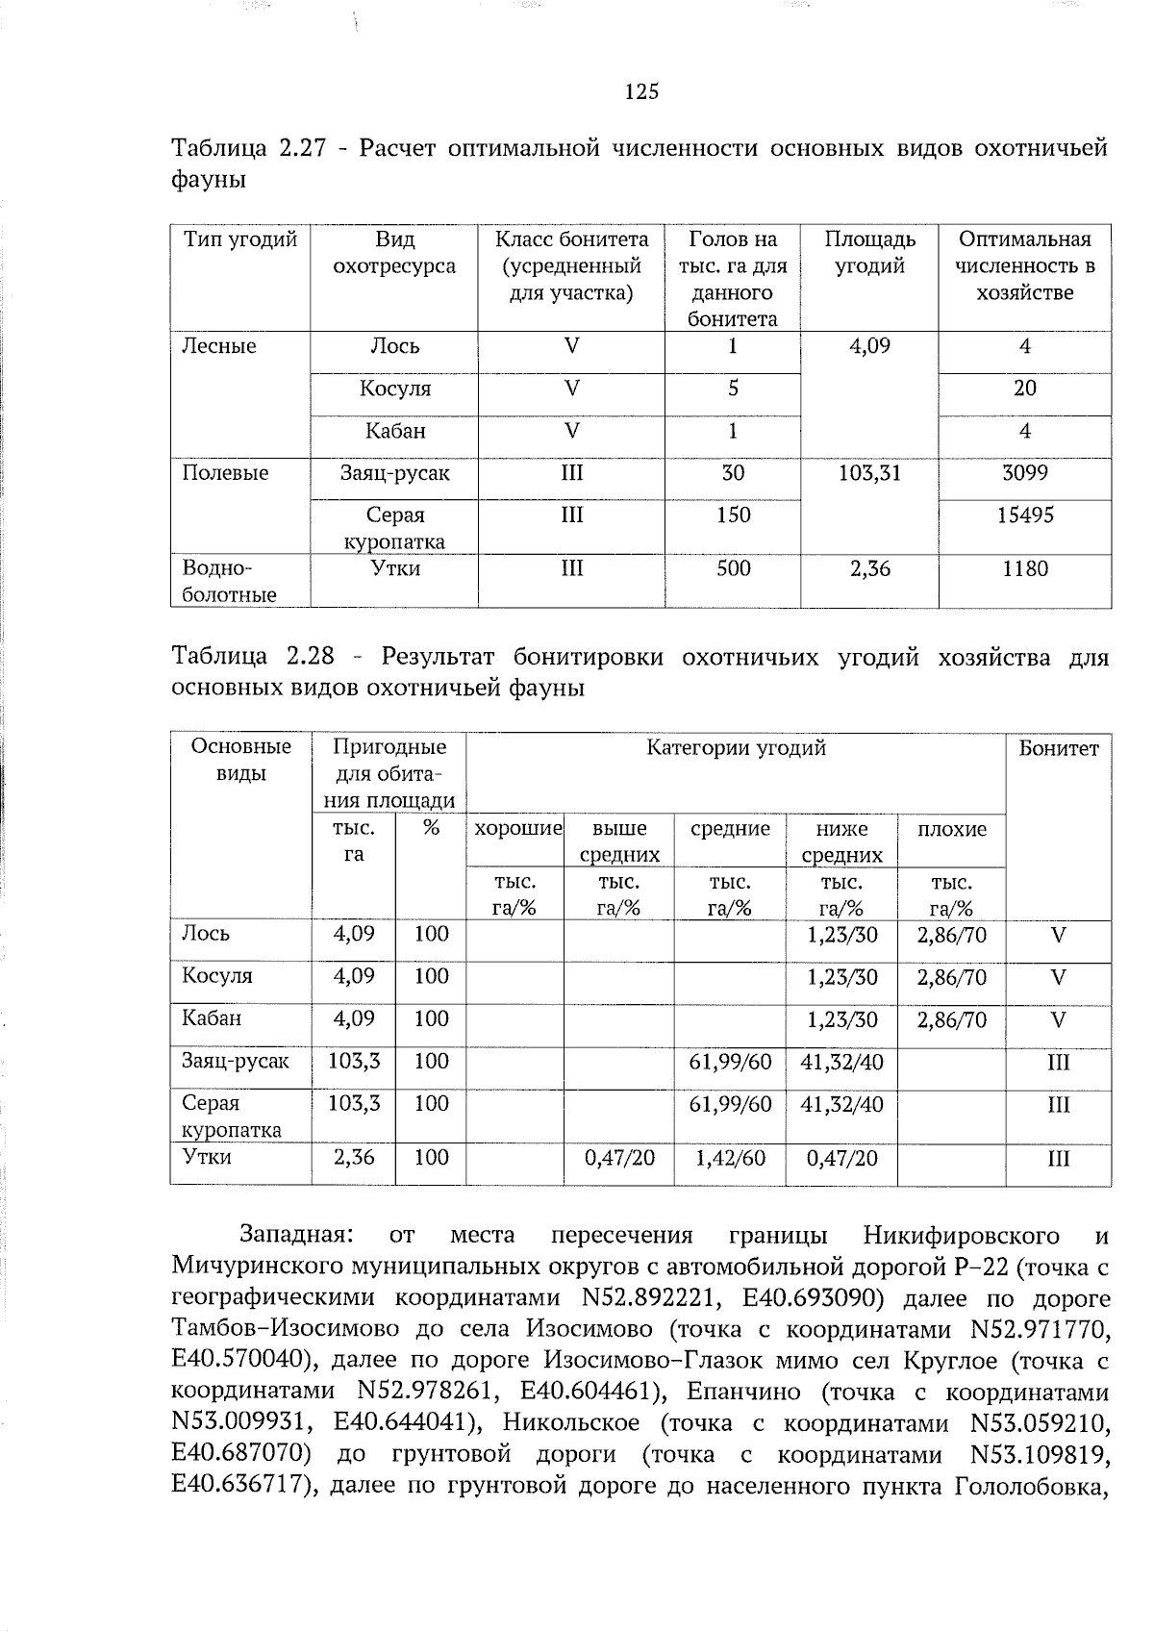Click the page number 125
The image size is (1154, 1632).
pyautogui.click(x=641, y=92)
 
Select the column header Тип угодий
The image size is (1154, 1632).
pyautogui.click(x=239, y=239)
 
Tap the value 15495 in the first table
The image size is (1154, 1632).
pyautogui.click(x=1024, y=515)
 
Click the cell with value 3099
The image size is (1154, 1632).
pyautogui.click(x=1024, y=473)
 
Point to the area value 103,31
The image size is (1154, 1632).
pyautogui.click(x=869, y=473)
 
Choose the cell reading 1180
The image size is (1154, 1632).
pyautogui.click(x=1024, y=569)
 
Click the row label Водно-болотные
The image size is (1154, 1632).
pyautogui.click(x=229, y=582)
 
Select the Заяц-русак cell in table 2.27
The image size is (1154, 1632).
pyautogui.click(x=394, y=473)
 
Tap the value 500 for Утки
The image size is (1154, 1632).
pyautogui.click(x=733, y=569)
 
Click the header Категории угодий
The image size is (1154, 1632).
pyautogui.click(x=736, y=748)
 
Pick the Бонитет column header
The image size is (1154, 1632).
pyautogui.click(x=1058, y=748)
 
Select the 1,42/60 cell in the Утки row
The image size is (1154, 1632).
pyautogui.click(x=730, y=1158)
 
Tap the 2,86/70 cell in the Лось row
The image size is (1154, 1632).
pyautogui.click(x=951, y=935)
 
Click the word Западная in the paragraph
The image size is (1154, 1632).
pyautogui.click(x=297, y=1235)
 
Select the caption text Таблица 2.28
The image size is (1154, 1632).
pyautogui.click(x=253, y=658)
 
